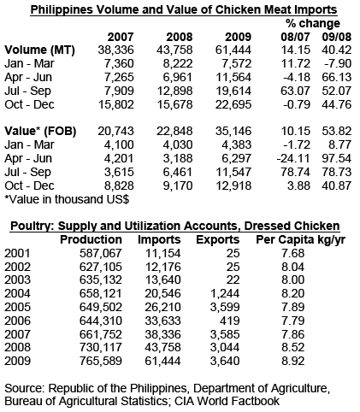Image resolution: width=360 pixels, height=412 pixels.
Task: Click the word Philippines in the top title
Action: [x=62, y=10]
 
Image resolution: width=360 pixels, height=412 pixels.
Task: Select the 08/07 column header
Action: [x=295, y=37]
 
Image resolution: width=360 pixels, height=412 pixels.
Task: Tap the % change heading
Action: [x=313, y=23]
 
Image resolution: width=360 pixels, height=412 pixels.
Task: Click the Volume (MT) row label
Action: [x=39, y=50]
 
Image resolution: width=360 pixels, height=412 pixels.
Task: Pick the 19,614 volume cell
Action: [x=233, y=91]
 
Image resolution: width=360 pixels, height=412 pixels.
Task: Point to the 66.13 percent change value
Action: [x=337, y=78]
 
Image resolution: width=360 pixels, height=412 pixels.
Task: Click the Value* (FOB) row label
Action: [x=40, y=132]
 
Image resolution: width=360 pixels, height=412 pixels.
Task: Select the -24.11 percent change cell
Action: [x=293, y=158]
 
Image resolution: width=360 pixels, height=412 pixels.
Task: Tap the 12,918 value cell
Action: [x=233, y=185]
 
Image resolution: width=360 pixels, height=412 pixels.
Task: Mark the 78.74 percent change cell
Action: [x=296, y=172]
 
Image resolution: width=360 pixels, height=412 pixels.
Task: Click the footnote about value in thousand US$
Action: [x=67, y=199]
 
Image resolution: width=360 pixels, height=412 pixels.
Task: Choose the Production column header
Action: [x=91, y=239]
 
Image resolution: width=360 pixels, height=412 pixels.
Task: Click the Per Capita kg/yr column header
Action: [x=300, y=240]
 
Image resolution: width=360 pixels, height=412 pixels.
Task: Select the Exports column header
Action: [x=218, y=240]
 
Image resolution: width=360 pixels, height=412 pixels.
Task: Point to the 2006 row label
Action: [x=17, y=321]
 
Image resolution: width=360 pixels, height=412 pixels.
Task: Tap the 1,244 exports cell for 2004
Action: [x=225, y=293]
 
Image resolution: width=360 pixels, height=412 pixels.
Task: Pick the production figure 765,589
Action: [x=101, y=361]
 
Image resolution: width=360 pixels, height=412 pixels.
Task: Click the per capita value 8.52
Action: [x=293, y=348]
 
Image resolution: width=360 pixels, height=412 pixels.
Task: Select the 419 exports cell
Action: [x=230, y=321]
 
